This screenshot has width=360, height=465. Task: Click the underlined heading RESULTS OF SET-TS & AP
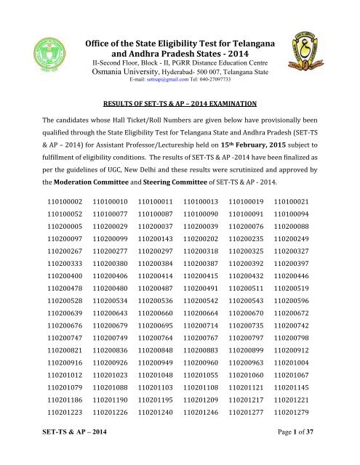click(180, 124)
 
